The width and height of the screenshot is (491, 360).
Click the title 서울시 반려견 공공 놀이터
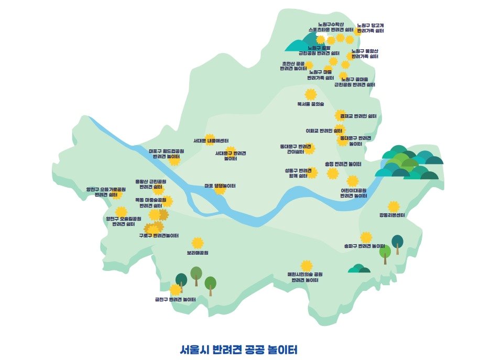(238, 349)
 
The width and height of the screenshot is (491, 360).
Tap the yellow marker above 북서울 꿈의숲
(311, 94)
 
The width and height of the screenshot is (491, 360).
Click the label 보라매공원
(198, 253)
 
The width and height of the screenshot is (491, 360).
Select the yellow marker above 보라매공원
(197, 243)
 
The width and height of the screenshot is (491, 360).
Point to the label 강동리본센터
(392, 215)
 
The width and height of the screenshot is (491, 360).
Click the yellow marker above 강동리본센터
(394, 206)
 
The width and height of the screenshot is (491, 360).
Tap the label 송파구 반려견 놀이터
(365, 246)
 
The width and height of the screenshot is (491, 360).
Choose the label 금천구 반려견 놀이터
(175, 300)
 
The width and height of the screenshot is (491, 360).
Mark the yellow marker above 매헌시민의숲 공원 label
(307, 266)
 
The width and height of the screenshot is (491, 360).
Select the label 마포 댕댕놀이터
(220, 186)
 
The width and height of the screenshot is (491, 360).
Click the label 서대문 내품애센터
(211, 140)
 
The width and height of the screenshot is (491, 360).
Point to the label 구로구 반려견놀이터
(159, 236)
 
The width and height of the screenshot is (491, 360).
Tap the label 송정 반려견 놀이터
(343, 164)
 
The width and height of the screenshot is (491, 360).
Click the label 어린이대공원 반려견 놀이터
(354, 193)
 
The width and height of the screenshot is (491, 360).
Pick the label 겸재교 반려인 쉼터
(358, 116)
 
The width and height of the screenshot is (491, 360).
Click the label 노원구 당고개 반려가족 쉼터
(370, 28)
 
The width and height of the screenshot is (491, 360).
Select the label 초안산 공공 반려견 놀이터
(293, 66)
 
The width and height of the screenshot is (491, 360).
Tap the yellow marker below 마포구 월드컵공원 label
(174, 161)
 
